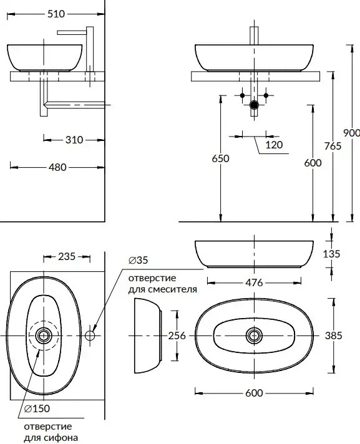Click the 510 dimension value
click(x=56, y=14)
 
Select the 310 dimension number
click(x=74, y=140)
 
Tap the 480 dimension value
click(x=57, y=167)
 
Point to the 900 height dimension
click(x=351, y=133)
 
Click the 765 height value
click(x=333, y=146)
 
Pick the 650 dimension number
click(x=220, y=158)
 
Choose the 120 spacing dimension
click(x=274, y=145)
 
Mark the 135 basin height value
click(x=331, y=254)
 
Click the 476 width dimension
click(x=254, y=282)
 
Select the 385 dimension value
click(x=333, y=336)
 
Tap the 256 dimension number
click(x=177, y=336)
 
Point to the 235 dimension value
click(x=67, y=256)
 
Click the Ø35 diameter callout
click(x=139, y=260)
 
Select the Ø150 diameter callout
click(x=37, y=408)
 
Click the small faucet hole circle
click(x=90, y=335)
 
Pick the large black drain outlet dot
click(x=254, y=105)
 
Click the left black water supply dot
click(x=242, y=95)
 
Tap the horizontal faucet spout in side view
click(x=72, y=32)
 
